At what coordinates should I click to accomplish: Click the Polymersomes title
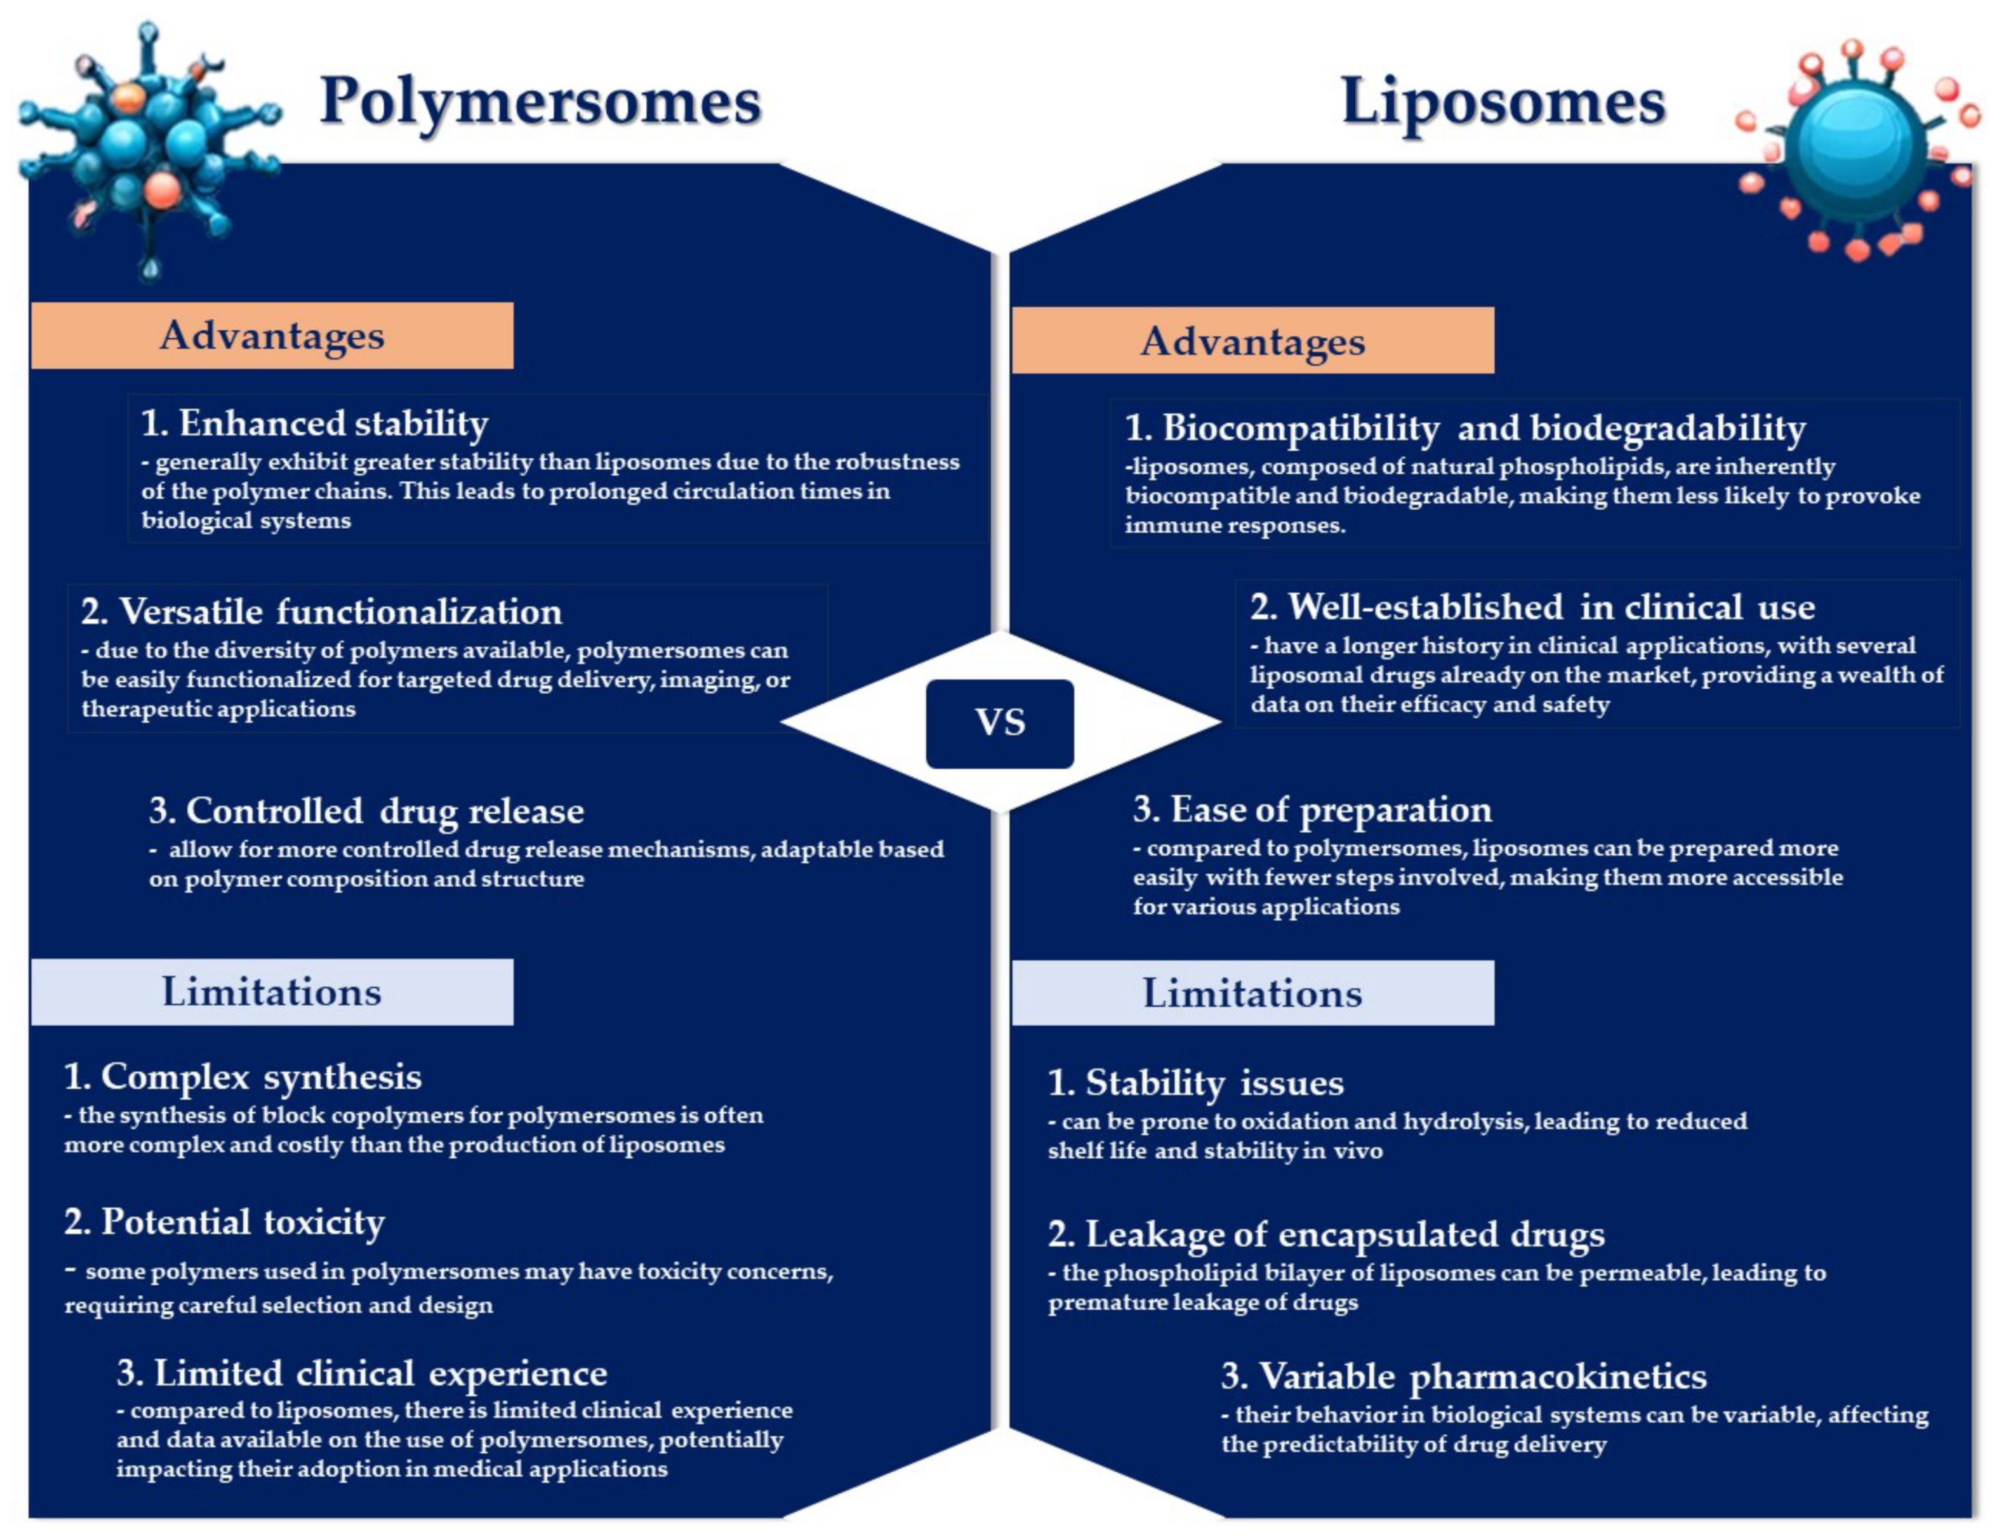pos(540,101)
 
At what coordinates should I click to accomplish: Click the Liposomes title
pos(1501,101)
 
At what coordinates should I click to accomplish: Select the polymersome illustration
pos(146,146)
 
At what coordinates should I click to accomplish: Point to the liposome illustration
pos(1857,146)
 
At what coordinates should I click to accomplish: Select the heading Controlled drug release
pos(366,811)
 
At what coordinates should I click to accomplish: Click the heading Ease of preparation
pos(1311,809)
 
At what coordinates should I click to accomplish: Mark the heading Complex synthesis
pos(242,1077)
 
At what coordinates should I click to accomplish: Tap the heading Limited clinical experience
pos(361,1373)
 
